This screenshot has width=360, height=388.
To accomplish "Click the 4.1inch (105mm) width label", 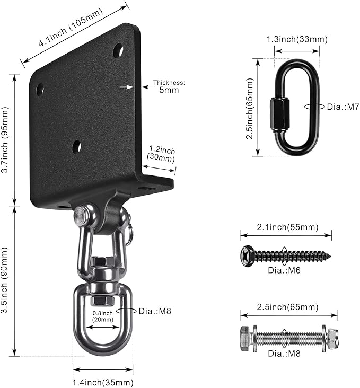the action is click(71, 27).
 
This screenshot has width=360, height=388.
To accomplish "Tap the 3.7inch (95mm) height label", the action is click(5, 140).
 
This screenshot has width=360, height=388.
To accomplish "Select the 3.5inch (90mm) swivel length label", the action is click(5, 280).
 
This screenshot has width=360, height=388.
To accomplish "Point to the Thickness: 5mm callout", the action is click(169, 86).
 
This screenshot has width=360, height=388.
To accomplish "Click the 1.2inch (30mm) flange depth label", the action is click(161, 154).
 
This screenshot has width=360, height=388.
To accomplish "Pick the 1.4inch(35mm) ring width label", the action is click(103, 382).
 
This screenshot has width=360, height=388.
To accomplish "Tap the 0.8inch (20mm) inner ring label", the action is click(102, 316).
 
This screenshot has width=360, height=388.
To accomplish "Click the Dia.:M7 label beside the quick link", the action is click(343, 107).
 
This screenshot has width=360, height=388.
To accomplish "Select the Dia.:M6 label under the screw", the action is click(284, 270).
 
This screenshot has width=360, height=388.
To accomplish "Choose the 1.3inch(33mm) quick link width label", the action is click(297, 39).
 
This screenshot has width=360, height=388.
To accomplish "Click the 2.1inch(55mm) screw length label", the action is click(287, 227).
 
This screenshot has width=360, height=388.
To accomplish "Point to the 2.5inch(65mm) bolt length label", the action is click(287, 307).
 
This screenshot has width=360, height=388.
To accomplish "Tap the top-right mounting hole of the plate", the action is click(118, 50).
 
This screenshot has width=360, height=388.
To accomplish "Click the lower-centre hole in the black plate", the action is click(77, 147).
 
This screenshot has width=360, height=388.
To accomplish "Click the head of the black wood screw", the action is click(247, 256).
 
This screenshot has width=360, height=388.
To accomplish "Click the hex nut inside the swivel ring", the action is click(102, 300).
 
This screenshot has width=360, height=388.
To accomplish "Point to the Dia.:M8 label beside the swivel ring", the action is click(155, 311).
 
